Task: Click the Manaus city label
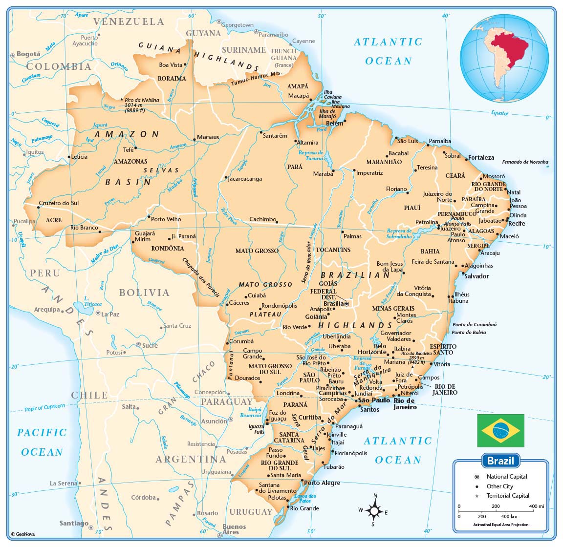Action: coord(208,137)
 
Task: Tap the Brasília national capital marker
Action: coord(346,304)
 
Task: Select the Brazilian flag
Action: coord(500,430)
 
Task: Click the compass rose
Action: coord(374,511)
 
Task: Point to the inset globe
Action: coord(504,59)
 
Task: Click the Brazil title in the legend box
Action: coord(500,461)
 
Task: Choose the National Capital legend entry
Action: coord(506,477)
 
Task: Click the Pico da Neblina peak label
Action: coord(142,100)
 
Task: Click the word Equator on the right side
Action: coord(499,113)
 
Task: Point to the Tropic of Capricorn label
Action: coord(44,408)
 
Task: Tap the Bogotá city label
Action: coord(28,54)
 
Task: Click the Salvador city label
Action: coord(476,276)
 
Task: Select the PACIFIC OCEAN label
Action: coord(42,442)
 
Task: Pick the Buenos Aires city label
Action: coord(234,529)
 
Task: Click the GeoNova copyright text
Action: coord(23,534)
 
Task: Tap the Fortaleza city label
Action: coord(481,158)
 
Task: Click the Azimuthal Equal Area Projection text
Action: coord(500,525)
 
